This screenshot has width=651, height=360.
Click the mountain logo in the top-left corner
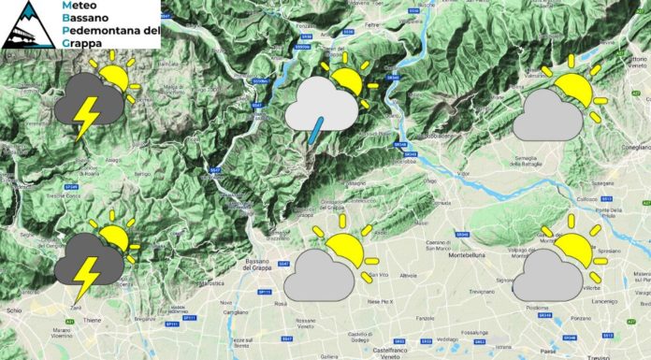26,23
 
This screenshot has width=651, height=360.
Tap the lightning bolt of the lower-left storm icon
86,272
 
